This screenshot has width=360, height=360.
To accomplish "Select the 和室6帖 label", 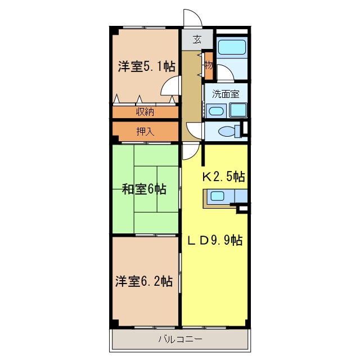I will click(145, 189).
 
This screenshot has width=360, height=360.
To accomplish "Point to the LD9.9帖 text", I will click(214, 241).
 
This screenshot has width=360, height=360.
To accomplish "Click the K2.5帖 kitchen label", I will click(223, 177).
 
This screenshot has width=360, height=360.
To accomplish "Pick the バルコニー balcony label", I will click(180, 340).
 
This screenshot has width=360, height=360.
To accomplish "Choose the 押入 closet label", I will click(145, 132).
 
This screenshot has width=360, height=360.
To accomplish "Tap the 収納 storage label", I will click(145, 111).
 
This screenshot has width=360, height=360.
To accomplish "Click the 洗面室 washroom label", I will click(225, 94).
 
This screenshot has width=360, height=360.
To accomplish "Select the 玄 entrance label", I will click(197, 39).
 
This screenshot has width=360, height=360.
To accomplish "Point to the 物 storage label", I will click(208, 65).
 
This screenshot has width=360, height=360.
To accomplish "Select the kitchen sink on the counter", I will click(217, 196).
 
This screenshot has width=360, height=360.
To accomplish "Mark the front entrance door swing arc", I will click(192, 17).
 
